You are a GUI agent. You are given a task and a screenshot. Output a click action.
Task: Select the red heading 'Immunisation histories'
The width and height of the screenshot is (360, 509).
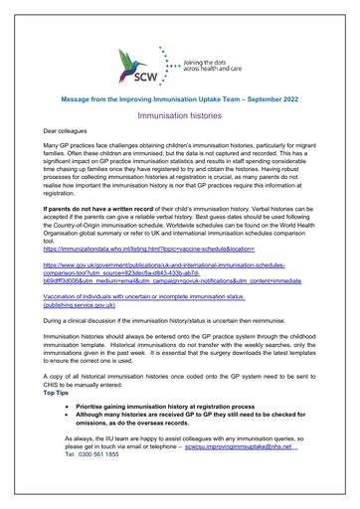[x=179, y=115]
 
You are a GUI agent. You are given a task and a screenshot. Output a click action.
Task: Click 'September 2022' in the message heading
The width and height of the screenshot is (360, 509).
[x=278, y=98]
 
